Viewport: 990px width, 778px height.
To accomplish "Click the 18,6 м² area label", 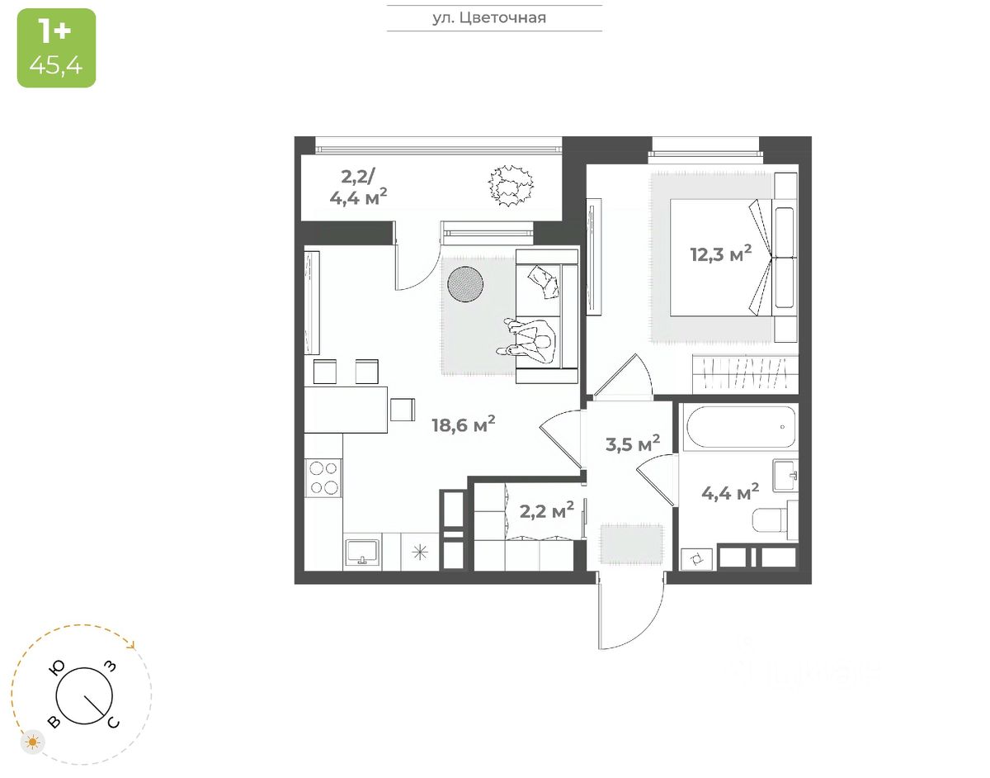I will click(x=463, y=425).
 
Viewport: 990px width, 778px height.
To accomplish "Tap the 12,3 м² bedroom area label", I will click(x=721, y=253).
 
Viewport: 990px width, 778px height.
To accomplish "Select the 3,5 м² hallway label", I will click(x=633, y=444).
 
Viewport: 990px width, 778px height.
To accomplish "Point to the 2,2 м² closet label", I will click(x=546, y=511).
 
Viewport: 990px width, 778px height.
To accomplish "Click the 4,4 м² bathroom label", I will click(x=730, y=494).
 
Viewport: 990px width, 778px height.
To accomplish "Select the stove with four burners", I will click(x=323, y=477).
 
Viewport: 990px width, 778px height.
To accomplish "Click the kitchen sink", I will click(x=361, y=551).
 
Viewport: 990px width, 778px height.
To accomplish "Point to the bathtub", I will click(x=739, y=427).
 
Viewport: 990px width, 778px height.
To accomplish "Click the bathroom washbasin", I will click(x=785, y=475).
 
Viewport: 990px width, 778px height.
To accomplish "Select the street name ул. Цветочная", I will click(x=494, y=17).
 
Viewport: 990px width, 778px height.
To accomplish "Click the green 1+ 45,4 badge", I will click(x=56, y=47).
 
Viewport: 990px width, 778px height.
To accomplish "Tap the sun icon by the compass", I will click(x=33, y=742).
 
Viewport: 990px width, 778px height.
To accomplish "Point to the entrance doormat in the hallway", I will click(x=631, y=543).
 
